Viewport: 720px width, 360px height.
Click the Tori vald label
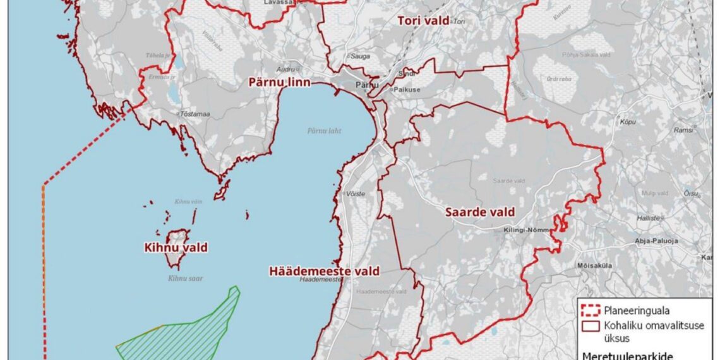pyautogui.click(x=423, y=21)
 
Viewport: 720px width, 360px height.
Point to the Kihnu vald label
pyautogui.click(x=176, y=248)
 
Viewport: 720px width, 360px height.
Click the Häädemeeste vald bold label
pyautogui.click(x=324, y=272)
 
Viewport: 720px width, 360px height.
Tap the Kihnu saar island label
pyautogui.click(x=186, y=278)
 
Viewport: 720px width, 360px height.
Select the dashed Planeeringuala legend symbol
pyautogui.click(x=590, y=310)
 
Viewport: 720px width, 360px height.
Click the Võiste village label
pyautogui.click(x=355, y=195)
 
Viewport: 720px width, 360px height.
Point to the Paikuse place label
pyautogui.click(x=408, y=90)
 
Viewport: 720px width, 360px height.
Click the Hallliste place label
pyautogui.click(x=651, y=218)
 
